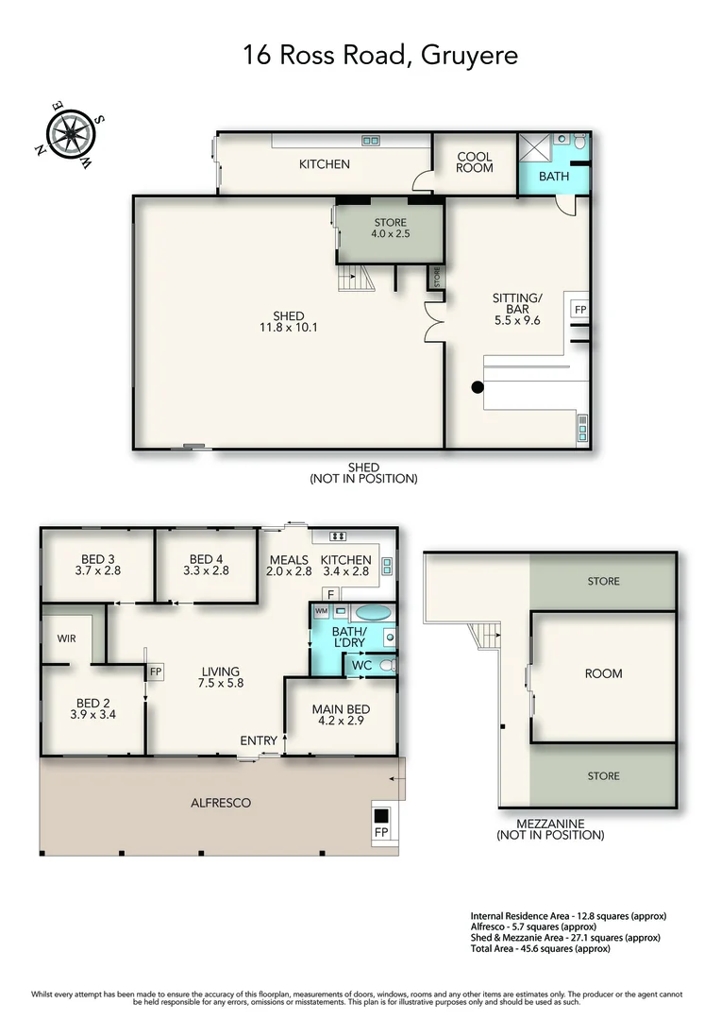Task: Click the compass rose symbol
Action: coord(70,135)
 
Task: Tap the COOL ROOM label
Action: coord(475,162)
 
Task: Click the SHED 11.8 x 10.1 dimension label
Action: coord(289,322)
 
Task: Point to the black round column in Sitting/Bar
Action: coord(478,387)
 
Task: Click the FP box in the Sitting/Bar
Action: coord(580,310)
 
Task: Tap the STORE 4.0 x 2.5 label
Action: coord(390,228)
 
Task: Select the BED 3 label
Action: coord(97,565)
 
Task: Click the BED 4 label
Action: coord(206,565)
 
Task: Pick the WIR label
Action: coord(66,638)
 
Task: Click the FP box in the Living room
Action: coord(156,671)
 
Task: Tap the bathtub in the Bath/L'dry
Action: coord(373,613)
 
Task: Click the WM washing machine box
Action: coord(321,611)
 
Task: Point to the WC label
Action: coord(361,666)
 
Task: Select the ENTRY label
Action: coord(258,740)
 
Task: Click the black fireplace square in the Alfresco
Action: coord(381,814)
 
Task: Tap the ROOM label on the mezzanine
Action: coord(603,673)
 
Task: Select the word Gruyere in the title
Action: coord(469,56)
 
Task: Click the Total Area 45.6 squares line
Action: coord(540,948)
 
